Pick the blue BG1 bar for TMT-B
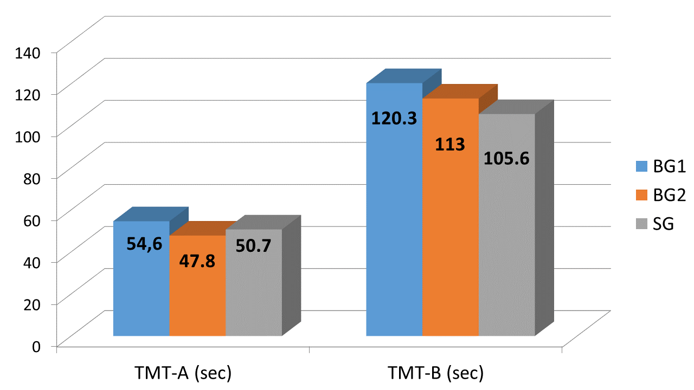[394, 227]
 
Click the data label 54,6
[145, 244]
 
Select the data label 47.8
[197, 261]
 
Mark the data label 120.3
[394, 118]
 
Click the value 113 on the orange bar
[451, 145]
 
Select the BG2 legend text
[670, 196]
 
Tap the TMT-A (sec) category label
[183, 374]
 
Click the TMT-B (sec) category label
[435, 374]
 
